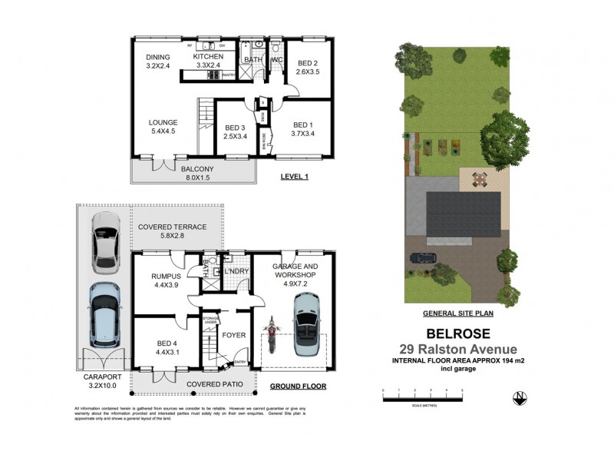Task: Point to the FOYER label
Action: point(233,334)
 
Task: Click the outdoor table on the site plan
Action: point(480,181)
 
